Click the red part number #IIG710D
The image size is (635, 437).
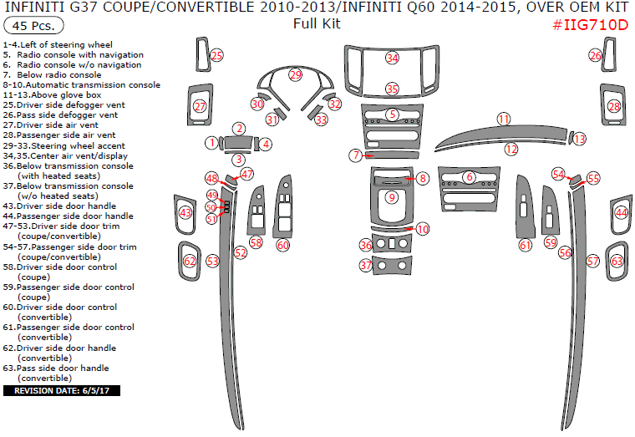590,25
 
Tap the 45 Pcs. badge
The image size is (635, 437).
33,26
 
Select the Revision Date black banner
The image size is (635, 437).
62,391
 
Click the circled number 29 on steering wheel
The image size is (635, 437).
296,75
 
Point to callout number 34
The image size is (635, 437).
392,58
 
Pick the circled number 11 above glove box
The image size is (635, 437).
503,119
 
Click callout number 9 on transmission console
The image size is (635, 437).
392,197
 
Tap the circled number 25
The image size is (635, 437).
217,55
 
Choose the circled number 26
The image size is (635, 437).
595,55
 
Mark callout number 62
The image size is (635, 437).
190,262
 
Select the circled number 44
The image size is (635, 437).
622,212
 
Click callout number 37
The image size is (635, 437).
366,265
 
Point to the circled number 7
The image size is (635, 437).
356,155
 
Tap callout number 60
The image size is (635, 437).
283,245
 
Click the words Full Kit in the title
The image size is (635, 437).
317,24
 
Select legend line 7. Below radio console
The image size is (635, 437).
52,75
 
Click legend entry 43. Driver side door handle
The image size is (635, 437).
59,206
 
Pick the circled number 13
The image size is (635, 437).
580,139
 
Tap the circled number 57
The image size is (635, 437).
593,262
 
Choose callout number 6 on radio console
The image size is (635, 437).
470,177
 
